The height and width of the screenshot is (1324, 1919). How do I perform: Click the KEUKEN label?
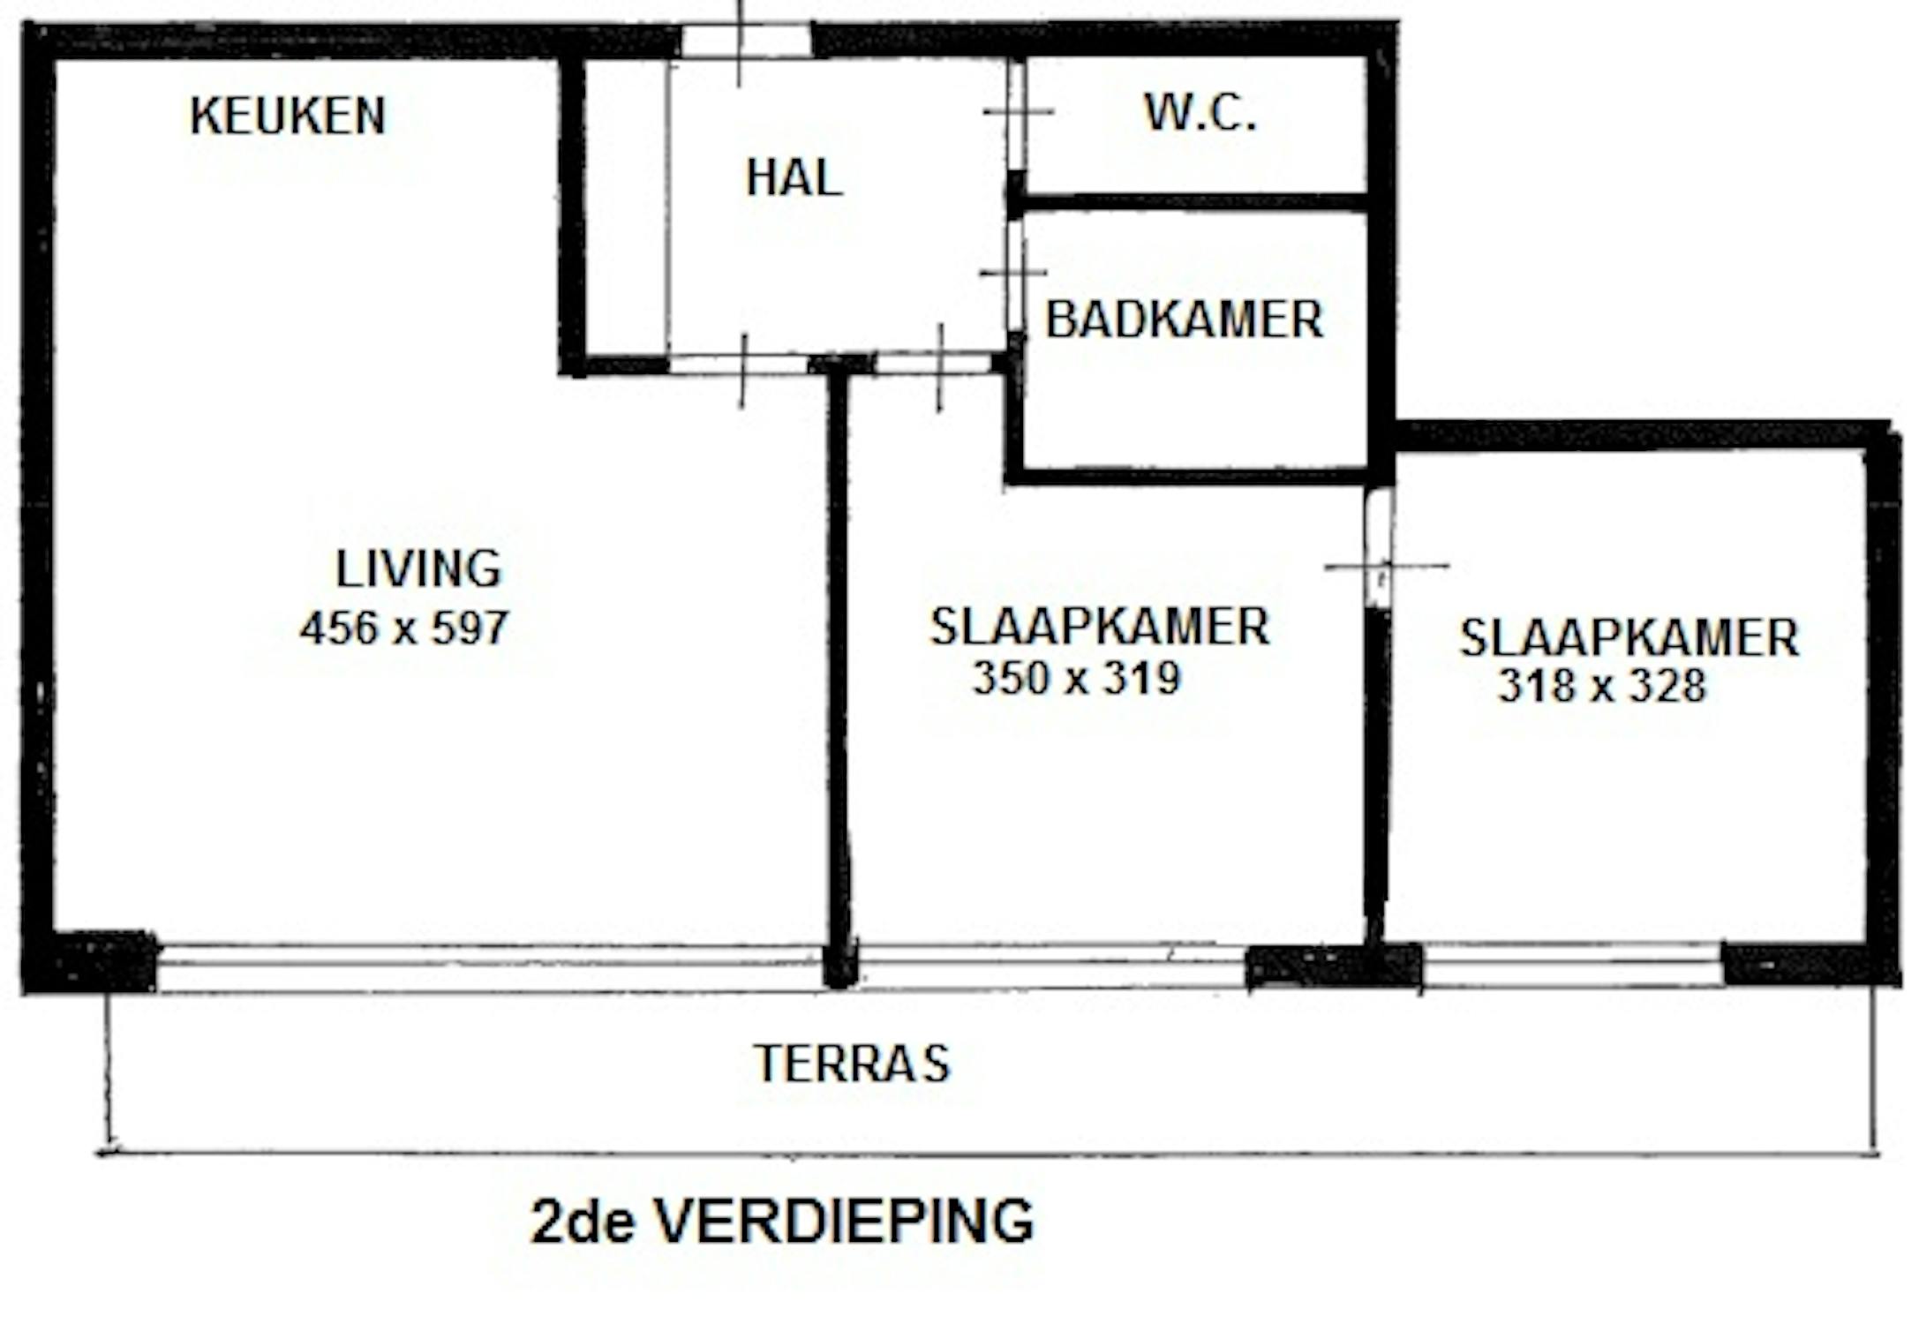point(288,116)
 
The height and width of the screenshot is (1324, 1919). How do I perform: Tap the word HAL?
point(794,178)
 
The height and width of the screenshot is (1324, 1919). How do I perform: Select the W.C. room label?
point(1200,113)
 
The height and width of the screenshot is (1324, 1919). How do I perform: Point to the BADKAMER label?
point(1185,320)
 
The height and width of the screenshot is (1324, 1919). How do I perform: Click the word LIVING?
point(418,569)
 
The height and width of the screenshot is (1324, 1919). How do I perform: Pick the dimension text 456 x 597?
point(404,628)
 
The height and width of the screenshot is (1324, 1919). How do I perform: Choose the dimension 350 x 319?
point(1077,678)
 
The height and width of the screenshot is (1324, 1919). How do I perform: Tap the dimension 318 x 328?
point(1602,686)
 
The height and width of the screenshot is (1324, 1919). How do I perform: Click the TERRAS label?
point(853,1063)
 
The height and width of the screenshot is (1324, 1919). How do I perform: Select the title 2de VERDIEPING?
point(782,1222)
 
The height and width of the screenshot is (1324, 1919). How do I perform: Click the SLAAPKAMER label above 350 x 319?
point(1100,627)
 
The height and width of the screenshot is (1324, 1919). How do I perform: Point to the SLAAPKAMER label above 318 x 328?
point(1629,638)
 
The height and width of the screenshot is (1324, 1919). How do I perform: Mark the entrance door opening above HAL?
point(746,41)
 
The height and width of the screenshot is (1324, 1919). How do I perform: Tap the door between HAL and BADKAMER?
point(1016,274)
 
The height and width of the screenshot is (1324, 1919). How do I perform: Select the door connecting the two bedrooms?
point(1379,547)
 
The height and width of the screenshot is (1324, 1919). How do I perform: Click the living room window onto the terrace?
point(490,967)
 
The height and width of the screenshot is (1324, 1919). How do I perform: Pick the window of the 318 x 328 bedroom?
point(1572,966)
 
